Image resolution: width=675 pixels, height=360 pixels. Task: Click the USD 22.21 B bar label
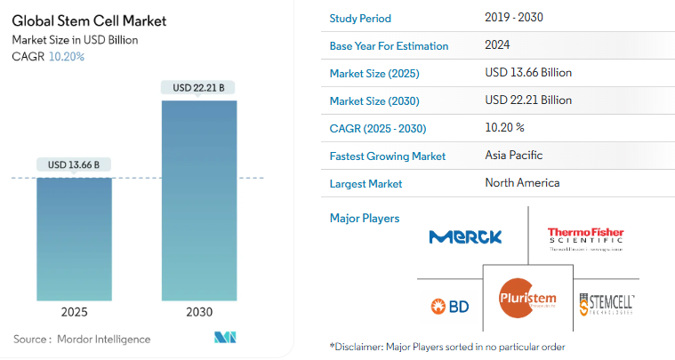(x=198, y=87)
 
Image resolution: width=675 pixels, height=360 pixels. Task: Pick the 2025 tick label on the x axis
(x=75, y=313)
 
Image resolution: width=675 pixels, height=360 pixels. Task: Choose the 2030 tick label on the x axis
(x=198, y=313)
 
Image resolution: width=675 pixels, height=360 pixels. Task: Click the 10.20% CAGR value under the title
(x=67, y=57)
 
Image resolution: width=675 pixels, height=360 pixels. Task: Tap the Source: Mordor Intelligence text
(x=82, y=339)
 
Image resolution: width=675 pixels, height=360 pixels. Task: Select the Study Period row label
(x=359, y=19)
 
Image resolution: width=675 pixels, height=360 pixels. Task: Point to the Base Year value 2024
(x=497, y=44)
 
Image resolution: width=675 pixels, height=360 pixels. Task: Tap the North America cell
(x=522, y=183)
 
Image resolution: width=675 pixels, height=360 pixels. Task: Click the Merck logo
(x=465, y=236)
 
